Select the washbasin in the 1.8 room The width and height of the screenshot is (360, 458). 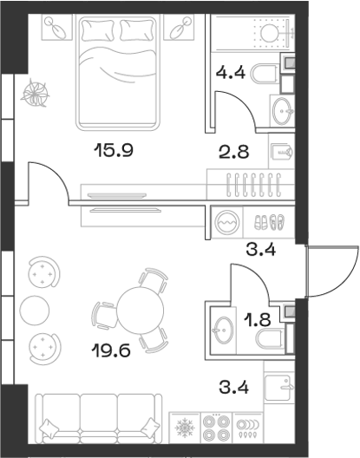222,329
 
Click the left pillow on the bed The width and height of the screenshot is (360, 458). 97,31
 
